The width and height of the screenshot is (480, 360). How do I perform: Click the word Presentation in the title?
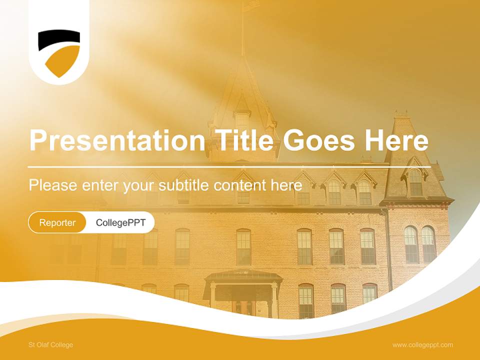click(117, 140)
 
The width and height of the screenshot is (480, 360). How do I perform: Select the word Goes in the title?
click(318, 140)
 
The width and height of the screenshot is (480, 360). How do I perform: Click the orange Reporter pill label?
click(57, 222)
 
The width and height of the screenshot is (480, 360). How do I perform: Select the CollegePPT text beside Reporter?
click(120, 222)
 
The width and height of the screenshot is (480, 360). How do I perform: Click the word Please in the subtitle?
click(53, 185)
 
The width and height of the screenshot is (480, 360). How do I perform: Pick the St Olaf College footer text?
click(51, 345)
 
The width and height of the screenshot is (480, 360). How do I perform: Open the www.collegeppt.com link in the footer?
click(423, 345)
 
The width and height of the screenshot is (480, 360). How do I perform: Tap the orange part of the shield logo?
click(63, 61)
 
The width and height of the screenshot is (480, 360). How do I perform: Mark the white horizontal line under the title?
click(229, 167)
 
